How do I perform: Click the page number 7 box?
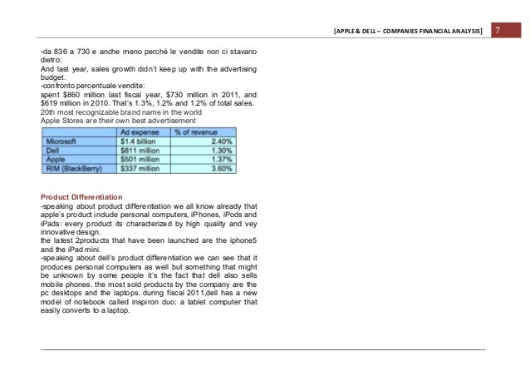pyautogui.click(x=495, y=32)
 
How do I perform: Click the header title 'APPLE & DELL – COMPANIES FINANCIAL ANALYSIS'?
pyautogui.click(x=408, y=32)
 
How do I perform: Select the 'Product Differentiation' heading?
pyautogui.click(x=81, y=196)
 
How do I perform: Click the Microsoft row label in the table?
pyautogui.click(x=64, y=141)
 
